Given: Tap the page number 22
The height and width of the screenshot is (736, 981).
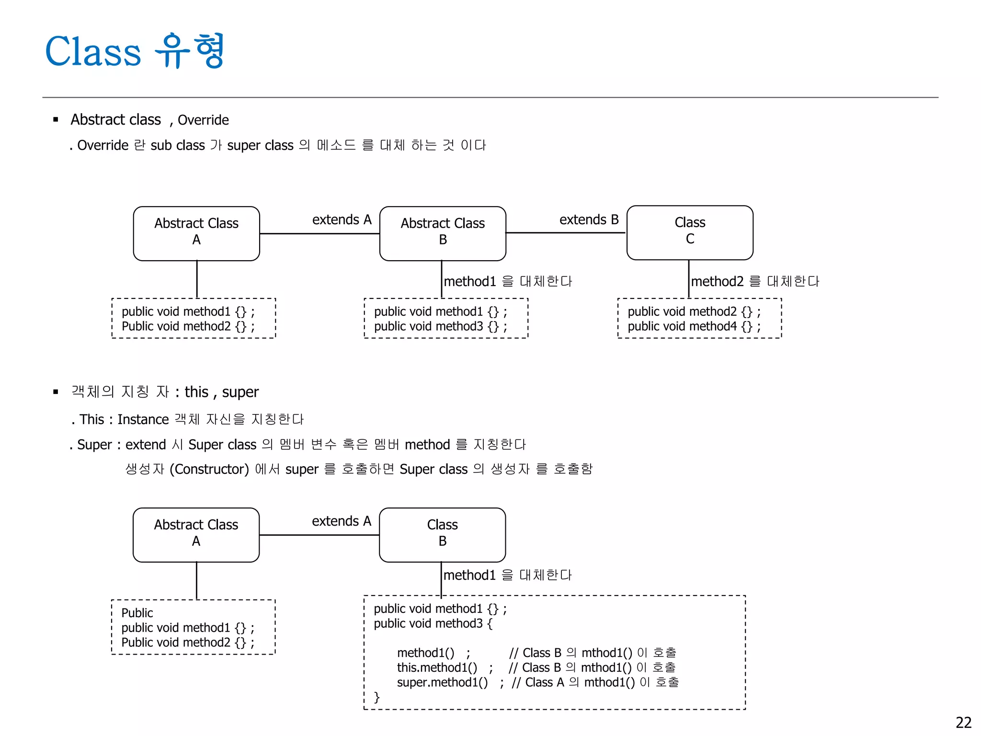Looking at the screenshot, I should pyautogui.click(x=963, y=722).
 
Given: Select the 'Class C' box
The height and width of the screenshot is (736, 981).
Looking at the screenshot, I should pyautogui.click(x=689, y=232).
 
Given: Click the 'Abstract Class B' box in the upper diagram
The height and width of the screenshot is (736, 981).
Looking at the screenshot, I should pyautogui.click(x=442, y=233).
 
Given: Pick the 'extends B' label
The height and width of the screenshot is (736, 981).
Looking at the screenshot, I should pyautogui.click(x=589, y=220).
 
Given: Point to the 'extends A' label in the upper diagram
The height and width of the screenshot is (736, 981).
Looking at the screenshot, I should pyautogui.click(x=342, y=220).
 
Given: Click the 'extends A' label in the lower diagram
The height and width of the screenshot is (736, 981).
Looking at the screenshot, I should pyautogui.click(x=341, y=521).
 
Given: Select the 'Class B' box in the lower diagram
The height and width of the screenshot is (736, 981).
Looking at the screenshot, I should pyautogui.click(x=442, y=535).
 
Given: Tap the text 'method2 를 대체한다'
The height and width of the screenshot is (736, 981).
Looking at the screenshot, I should pyautogui.click(x=754, y=281).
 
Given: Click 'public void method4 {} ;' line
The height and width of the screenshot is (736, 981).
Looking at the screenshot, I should pyautogui.click(x=694, y=327).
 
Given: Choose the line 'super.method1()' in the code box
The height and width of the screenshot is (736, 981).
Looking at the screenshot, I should pyautogui.click(x=442, y=682).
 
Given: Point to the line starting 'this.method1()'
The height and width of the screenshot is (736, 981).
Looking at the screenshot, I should pyautogui.click(x=437, y=667).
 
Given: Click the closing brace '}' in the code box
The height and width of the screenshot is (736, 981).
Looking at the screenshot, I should pyautogui.click(x=376, y=697).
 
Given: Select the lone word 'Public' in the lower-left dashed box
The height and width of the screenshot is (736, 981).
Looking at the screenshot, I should pyautogui.click(x=137, y=613).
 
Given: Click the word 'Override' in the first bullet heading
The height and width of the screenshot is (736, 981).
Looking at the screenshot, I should pyautogui.click(x=203, y=120).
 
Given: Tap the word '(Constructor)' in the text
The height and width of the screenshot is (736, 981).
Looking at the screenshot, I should pyautogui.click(x=209, y=469).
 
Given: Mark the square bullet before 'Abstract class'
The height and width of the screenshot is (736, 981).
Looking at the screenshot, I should pyautogui.click(x=56, y=119).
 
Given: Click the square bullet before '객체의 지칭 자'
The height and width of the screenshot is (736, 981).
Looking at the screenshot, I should pyautogui.click(x=56, y=392).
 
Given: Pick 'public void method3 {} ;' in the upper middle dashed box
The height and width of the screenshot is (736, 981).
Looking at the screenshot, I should pyautogui.click(x=440, y=327).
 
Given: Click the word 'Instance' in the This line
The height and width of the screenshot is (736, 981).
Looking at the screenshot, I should pyautogui.click(x=143, y=419).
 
